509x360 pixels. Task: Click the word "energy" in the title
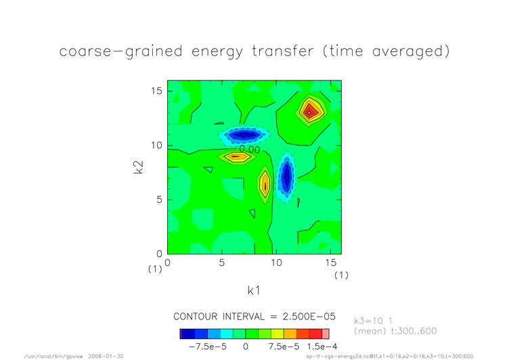[217, 52]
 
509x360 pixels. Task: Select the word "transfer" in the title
[283, 51]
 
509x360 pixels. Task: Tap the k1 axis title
[254, 290]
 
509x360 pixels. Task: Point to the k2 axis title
[138, 167]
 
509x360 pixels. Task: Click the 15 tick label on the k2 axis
[156, 91]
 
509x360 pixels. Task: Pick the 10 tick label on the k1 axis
[276, 263]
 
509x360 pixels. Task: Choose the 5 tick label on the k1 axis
[222, 263]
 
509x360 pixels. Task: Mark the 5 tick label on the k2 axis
[159, 200]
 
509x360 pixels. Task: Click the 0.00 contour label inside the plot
[250, 150]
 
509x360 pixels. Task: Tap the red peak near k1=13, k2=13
[309, 112]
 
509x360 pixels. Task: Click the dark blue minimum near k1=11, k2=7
[286, 177]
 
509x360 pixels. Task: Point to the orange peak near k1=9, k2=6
[265, 185]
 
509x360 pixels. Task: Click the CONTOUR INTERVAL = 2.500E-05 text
[255, 317]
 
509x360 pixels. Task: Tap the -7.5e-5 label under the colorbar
[207, 346]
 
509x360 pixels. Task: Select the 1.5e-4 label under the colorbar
[322, 346]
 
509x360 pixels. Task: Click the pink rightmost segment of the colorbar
[326, 334]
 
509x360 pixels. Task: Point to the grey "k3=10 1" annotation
[374, 321]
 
